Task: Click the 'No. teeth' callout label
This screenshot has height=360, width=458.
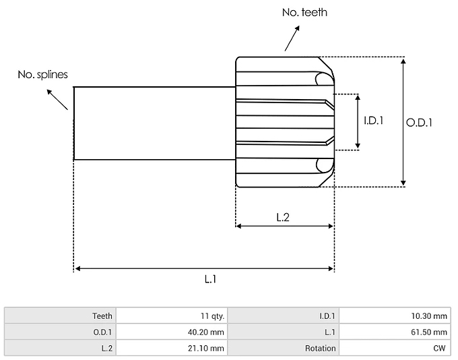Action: tap(304, 12)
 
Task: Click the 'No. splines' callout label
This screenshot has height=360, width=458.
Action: tap(42, 74)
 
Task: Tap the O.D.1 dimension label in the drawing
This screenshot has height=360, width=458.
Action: tap(419, 122)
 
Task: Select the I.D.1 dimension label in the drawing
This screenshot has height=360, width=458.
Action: tap(373, 121)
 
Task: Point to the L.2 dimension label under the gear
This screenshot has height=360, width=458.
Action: tap(284, 217)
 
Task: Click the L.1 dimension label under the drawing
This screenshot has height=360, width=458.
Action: tap(209, 278)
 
